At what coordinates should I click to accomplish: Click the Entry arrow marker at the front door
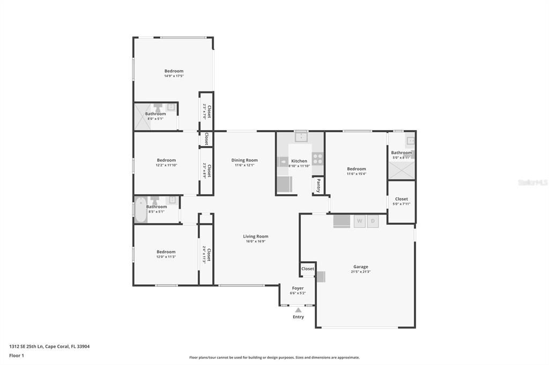click(x=298, y=310)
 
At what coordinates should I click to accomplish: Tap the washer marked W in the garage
click(x=360, y=221)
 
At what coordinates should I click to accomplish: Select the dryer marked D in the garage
click(x=373, y=221)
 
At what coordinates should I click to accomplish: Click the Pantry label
click(x=318, y=185)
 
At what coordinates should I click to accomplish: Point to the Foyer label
click(x=298, y=288)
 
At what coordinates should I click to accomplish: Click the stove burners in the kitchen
click(x=318, y=158)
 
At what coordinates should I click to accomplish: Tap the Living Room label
click(x=255, y=237)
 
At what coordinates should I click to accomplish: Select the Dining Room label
click(x=244, y=160)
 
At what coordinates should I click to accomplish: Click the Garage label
click(x=360, y=267)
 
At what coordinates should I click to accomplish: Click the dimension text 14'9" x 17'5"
click(x=174, y=76)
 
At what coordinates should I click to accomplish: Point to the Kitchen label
click(x=299, y=161)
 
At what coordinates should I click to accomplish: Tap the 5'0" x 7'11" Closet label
click(x=401, y=199)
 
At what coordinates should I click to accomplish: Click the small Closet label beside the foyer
click(x=308, y=269)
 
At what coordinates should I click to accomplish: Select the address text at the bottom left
click(x=49, y=346)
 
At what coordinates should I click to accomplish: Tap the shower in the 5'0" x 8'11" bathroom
click(x=401, y=170)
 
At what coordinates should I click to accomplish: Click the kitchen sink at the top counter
click(x=301, y=137)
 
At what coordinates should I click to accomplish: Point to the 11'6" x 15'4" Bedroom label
click(x=356, y=169)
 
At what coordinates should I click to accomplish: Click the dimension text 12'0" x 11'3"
click(x=166, y=257)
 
